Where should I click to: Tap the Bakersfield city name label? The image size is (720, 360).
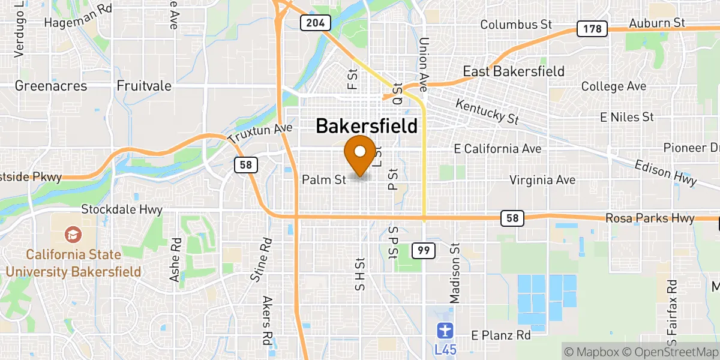(x=366, y=126)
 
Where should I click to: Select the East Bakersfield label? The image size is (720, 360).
(x=514, y=71)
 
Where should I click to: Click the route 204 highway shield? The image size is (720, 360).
(x=316, y=23)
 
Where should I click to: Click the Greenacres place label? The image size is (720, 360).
(x=51, y=86)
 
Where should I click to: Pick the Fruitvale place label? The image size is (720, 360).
(x=144, y=86)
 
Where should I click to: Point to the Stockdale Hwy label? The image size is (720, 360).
(x=122, y=210)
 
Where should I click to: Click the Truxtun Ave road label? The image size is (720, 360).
(x=260, y=134)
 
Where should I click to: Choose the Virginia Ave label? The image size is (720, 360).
(x=542, y=179)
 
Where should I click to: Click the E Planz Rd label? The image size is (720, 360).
(x=501, y=335)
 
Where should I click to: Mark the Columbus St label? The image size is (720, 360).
(x=515, y=25)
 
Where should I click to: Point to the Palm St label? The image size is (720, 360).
(x=324, y=179)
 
